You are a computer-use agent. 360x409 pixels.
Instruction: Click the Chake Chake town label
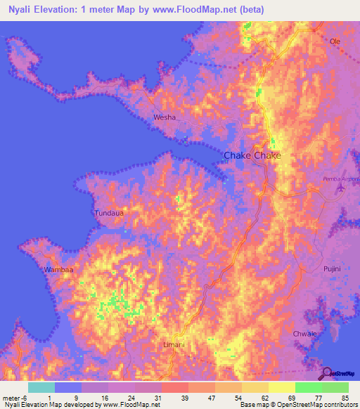click(x=252, y=155)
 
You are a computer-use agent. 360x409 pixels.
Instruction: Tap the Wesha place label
click(x=164, y=117)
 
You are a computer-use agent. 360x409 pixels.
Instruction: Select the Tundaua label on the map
click(x=109, y=212)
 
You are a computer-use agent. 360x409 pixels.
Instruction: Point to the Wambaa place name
click(x=58, y=269)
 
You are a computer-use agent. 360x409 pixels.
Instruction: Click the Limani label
click(x=174, y=344)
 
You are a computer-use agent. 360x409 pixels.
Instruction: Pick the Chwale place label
click(x=304, y=333)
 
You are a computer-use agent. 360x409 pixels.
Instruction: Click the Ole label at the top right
click(x=335, y=41)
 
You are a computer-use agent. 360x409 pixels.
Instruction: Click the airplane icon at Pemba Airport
click(x=342, y=188)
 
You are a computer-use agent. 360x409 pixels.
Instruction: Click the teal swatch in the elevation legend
click(x=41, y=387)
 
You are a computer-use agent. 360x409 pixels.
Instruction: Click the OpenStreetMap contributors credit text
click(x=314, y=405)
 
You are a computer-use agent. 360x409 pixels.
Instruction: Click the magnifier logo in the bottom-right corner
click(x=328, y=373)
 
